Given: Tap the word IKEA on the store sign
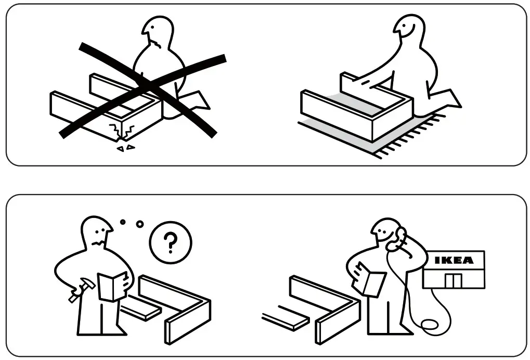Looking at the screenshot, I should tap(454, 260).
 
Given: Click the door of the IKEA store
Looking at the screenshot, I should tap(454, 280).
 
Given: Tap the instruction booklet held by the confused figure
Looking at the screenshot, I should tap(112, 287).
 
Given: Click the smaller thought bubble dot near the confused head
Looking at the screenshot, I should tap(123, 222).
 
